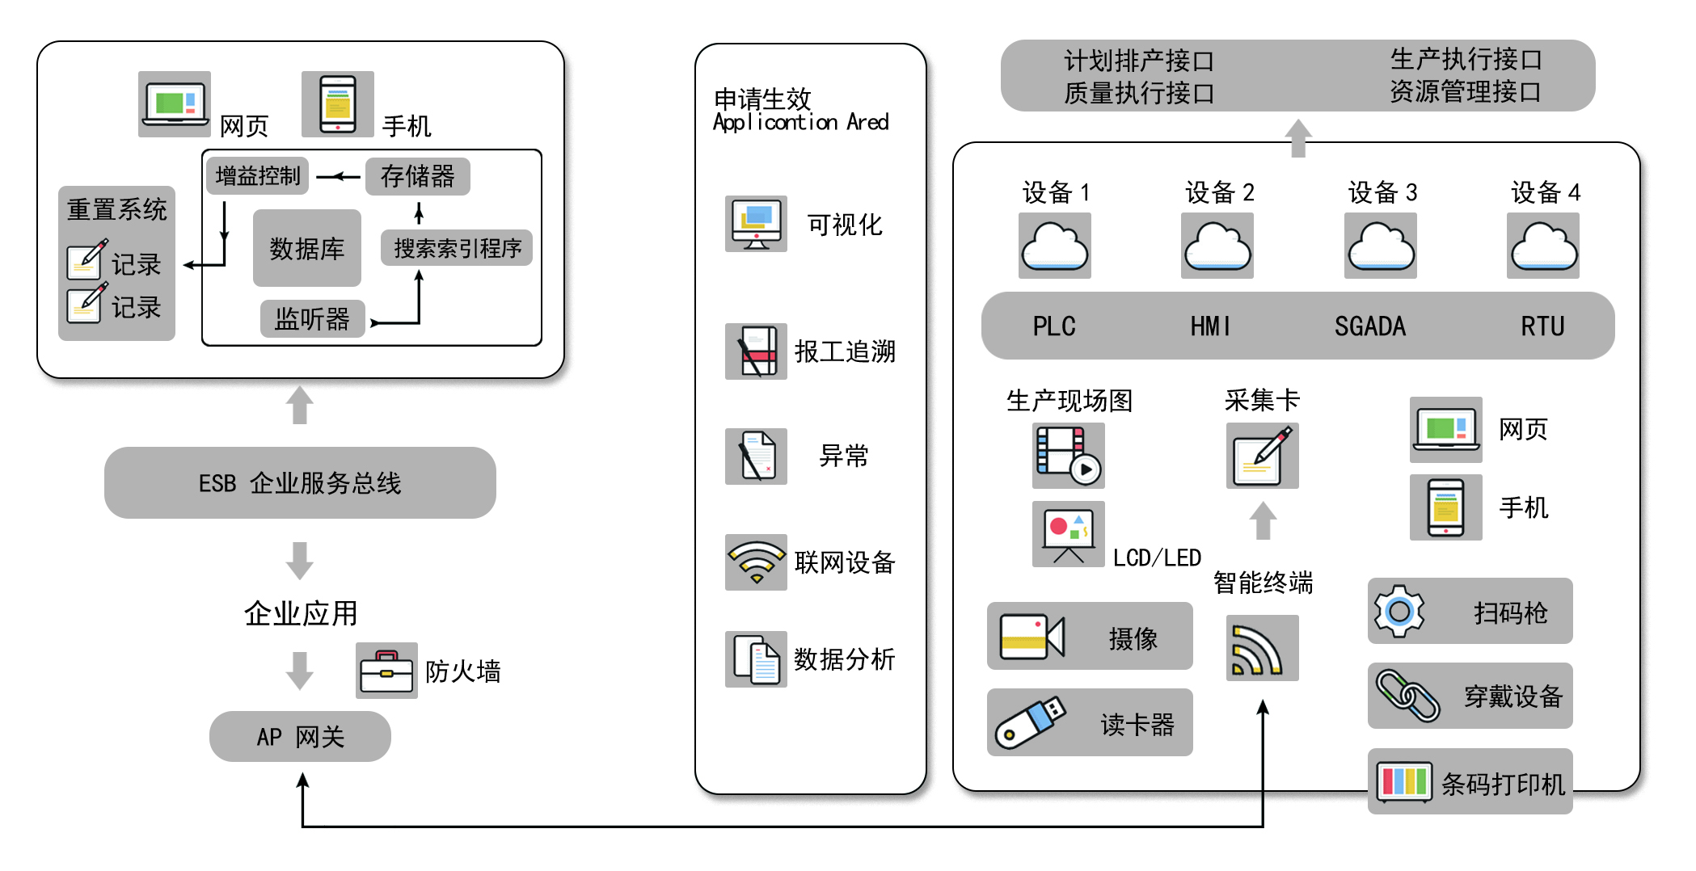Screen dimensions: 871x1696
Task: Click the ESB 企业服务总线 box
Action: [x=300, y=482]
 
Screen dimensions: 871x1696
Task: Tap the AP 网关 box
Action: [x=300, y=736]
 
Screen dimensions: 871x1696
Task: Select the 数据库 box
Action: [x=307, y=248]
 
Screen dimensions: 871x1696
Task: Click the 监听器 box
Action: [x=312, y=318]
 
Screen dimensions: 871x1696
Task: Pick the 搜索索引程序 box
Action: [x=457, y=248]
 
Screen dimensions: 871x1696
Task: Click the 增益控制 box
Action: [x=258, y=175]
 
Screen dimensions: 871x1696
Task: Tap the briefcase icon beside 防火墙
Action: [x=386, y=670]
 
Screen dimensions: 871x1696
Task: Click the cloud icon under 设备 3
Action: [x=1380, y=246]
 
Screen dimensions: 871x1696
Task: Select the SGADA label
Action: [x=1369, y=326]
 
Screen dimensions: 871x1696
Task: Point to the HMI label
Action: [x=1210, y=326]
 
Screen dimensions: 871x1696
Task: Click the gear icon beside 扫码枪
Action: [x=1399, y=611]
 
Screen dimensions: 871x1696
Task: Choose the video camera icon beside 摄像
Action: [x=1032, y=637]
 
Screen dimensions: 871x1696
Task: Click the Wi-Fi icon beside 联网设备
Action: [x=756, y=562]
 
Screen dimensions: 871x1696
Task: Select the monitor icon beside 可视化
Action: [x=756, y=224]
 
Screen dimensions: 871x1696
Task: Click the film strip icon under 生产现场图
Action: [x=1068, y=456]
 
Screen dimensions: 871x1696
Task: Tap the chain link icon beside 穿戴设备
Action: [x=1407, y=695]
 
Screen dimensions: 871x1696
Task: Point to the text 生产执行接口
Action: [x=1466, y=59]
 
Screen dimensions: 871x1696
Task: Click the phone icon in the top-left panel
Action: [x=338, y=104]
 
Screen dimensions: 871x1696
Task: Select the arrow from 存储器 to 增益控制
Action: [x=338, y=176]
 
